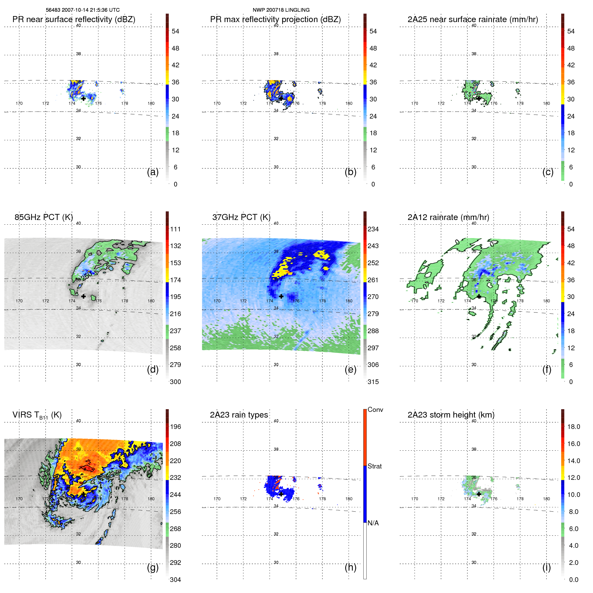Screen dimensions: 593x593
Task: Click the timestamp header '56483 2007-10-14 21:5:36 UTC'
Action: click(82, 10)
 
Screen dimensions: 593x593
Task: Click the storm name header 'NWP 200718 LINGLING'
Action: click(281, 10)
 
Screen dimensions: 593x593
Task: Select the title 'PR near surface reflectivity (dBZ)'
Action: click(74, 19)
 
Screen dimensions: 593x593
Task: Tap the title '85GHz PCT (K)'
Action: click(44, 217)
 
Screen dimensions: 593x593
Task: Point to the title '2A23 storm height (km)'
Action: click(451, 415)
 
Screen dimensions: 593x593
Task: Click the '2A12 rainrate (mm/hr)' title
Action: click(448, 217)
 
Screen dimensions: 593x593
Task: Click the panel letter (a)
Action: click(153, 172)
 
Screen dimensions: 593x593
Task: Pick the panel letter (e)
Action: click(350, 369)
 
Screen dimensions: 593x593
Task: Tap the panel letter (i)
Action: click(546, 567)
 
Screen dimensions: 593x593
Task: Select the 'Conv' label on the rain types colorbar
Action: click(375, 410)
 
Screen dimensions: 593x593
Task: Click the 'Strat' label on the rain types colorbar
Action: click(374, 466)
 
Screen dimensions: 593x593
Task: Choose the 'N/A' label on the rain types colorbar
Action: click(373, 523)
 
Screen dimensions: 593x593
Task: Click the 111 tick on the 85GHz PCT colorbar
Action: click(175, 229)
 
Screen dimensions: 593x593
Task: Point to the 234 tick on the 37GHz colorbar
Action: click(373, 229)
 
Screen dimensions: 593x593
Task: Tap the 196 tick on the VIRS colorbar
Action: click(175, 427)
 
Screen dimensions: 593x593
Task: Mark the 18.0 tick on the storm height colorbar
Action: click(573, 427)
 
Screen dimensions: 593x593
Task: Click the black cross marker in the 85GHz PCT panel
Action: click(83, 296)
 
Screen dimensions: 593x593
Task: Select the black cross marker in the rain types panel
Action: click(281, 494)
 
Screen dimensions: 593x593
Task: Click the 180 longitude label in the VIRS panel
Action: click(151, 499)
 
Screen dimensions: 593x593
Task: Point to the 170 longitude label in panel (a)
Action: click(19, 103)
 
